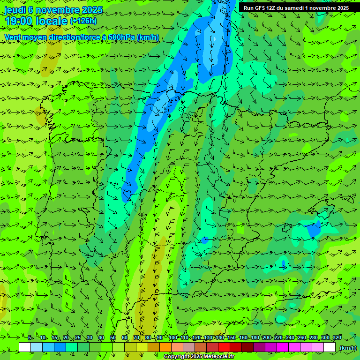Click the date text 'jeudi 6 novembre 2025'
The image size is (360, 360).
(53, 10)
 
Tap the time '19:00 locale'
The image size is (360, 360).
(36, 21)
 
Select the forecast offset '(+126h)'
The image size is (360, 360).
(83, 21)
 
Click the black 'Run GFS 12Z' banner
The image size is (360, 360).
(296, 8)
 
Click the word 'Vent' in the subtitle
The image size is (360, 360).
(14, 37)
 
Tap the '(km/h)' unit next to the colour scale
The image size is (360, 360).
(347, 348)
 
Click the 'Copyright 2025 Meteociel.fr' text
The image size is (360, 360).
(199, 357)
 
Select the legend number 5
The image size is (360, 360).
(30, 338)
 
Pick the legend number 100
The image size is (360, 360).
(173, 338)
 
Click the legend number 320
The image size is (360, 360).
(337, 338)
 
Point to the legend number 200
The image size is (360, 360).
(267, 338)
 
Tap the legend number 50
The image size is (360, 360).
(113, 338)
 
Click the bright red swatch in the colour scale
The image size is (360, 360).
(224, 347)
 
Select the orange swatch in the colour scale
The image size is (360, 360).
(165, 347)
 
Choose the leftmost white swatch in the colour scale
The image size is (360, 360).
(25, 347)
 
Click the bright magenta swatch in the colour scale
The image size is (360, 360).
(283, 347)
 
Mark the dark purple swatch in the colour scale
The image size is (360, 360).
(259, 347)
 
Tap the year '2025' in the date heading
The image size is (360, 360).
(91, 10)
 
